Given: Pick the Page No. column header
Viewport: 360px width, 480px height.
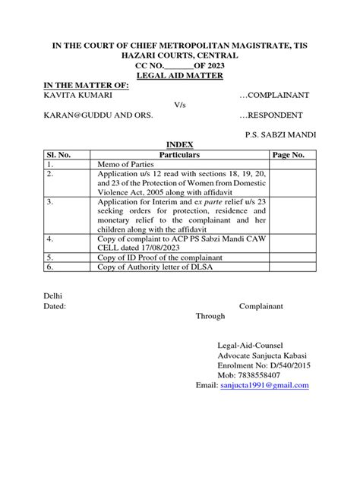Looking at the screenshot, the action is [288, 153].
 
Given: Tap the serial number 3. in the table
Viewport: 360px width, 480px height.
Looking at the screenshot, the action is [50, 204].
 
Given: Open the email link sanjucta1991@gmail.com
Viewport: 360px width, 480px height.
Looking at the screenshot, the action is [264, 385].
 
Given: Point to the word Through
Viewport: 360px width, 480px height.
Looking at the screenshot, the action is [211, 315].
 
